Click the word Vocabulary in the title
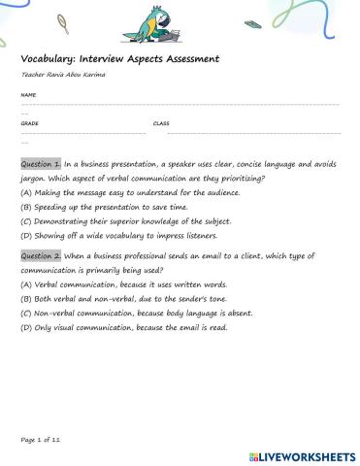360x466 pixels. click(x=49, y=59)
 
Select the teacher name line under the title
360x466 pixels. click(x=62, y=75)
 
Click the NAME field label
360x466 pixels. click(x=28, y=95)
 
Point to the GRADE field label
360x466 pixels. click(x=29, y=124)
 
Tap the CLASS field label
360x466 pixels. click(x=161, y=124)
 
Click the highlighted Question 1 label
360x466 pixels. click(x=41, y=164)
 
